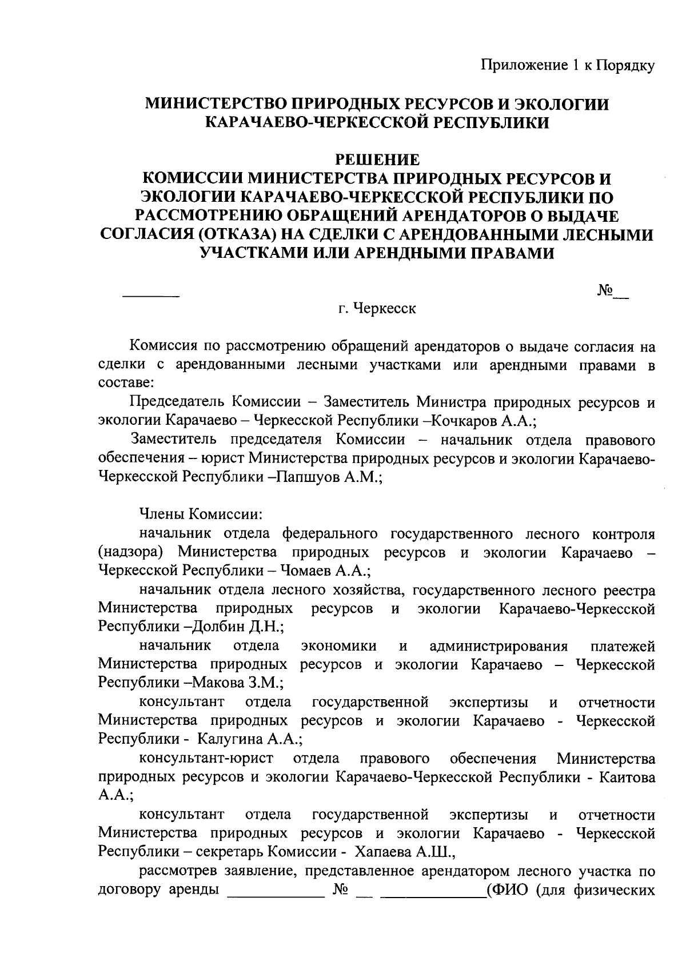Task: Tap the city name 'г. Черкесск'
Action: pyautogui.click(x=377, y=309)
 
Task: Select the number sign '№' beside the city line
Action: pyautogui.click(x=604, y=291)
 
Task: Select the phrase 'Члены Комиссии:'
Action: pyautogui.click(x=201, y=514)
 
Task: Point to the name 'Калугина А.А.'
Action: pyautogui.click(x=249, y=739)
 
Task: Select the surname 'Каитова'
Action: pyautogui.click(x=627, y=777)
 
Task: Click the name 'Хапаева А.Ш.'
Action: pyautogui.click(x=404, y=852)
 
